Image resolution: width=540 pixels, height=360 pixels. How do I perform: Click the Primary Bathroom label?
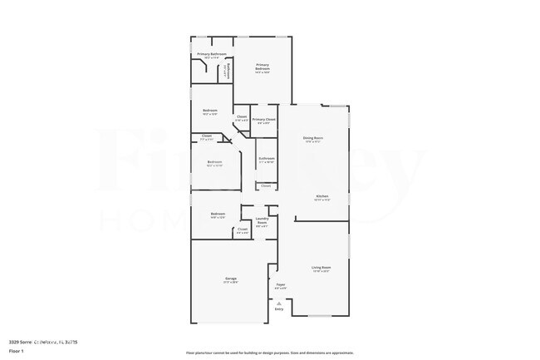211,54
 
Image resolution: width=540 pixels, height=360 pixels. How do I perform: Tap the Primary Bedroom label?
263,66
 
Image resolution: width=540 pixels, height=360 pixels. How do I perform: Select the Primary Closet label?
264,120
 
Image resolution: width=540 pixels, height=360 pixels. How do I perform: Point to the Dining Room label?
312,138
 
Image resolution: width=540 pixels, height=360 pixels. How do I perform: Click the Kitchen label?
322,196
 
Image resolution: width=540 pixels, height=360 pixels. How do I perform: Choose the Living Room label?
321,268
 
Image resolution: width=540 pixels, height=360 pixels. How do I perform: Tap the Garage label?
230,279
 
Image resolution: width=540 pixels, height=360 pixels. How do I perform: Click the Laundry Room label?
262,221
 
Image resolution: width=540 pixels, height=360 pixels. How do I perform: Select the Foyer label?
281,284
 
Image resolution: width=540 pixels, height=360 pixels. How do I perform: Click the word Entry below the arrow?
279,309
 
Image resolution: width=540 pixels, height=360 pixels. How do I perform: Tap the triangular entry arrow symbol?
279,303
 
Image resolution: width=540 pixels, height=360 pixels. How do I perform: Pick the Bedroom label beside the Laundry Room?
218,215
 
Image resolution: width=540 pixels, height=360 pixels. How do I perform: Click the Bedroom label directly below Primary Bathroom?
210,111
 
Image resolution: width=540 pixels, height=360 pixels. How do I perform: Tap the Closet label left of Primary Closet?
241,117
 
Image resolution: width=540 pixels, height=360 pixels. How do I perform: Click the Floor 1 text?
17,351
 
